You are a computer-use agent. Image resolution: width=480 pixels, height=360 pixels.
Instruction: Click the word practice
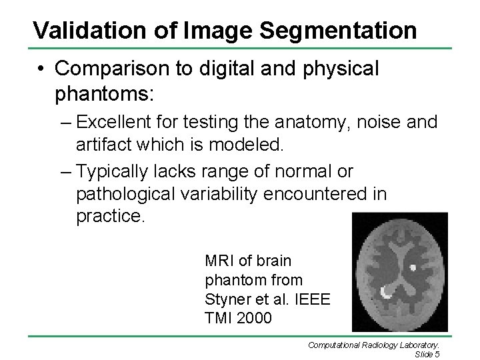point(109,215)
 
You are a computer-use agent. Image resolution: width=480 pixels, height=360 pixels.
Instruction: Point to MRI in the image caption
point(221,261)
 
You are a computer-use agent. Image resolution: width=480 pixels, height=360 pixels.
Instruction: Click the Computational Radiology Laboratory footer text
point(373,345)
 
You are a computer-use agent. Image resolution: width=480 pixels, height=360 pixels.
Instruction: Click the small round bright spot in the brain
point(414,267)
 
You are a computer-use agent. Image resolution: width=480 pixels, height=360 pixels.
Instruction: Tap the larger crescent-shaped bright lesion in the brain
point(386,291)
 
